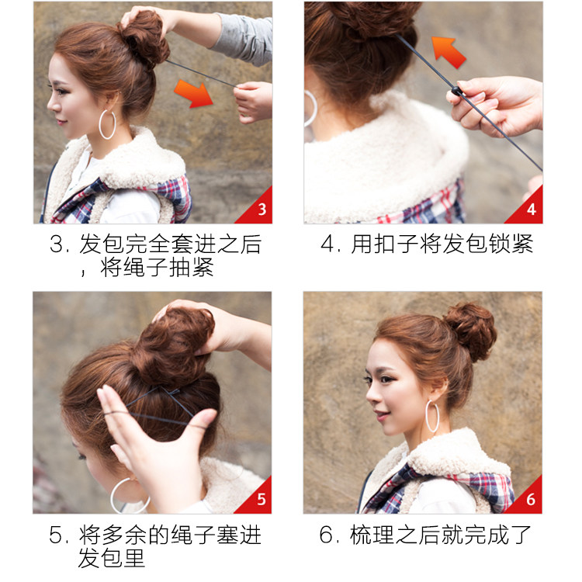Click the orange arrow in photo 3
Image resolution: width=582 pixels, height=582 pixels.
[193, 92]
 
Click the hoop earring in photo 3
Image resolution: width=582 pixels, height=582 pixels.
[106, 124]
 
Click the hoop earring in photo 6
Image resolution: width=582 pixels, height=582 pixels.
[432, 416]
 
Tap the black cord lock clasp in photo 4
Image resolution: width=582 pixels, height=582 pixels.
[458, 94]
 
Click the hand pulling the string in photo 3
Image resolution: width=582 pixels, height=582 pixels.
[252, 101]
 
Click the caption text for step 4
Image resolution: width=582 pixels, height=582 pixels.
[427, 245]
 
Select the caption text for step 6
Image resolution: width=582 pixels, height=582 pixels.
[426, 535]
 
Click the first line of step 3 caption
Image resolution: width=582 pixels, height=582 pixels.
[155, 245]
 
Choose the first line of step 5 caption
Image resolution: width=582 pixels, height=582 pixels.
[155, 535]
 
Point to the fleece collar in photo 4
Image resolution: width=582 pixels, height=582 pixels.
[388, 155]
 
